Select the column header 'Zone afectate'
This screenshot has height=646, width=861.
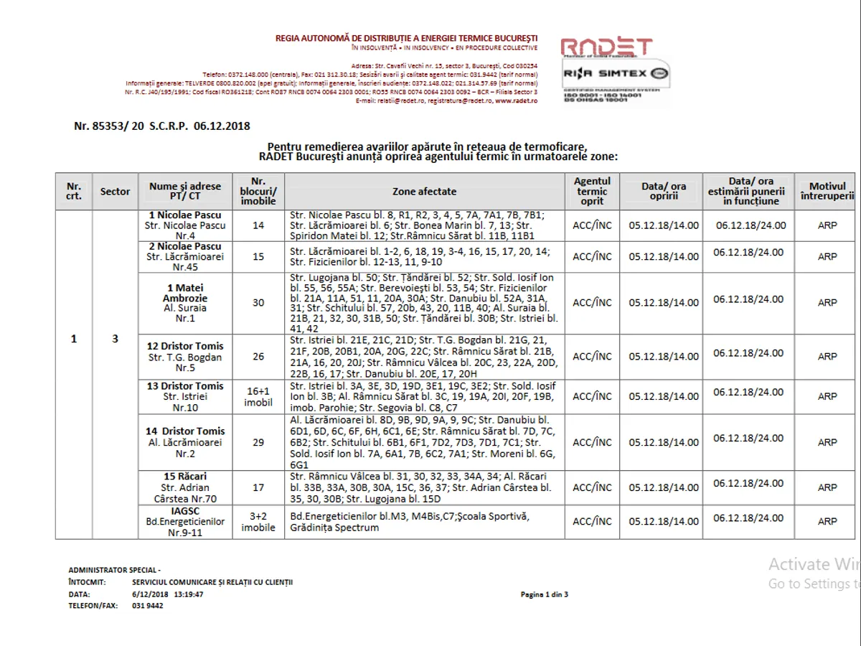pyautogui.click(x=424, y=192)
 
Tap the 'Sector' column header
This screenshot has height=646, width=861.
pyautogui.click(x=115, y=192)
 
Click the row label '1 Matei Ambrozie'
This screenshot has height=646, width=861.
pyautogui.click(x=185, y=293)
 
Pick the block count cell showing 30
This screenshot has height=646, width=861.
pyautogui.click(x=258, y=303)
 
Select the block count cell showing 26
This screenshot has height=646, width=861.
pyautogui.click(x=258, y=357)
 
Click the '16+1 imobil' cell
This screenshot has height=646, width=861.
pyautogui.click(x=258, y=396)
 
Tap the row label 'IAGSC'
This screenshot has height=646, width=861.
pyautogui.click(x=185, y=511)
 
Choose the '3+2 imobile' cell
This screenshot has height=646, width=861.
pyautogui.click(x=258, y=522)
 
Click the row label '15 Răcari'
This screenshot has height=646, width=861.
pyautogui.click(x=185, y=476)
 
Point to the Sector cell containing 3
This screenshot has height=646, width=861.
pyautogui.click(x=115, y=339)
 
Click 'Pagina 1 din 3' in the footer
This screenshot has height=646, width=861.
pyautogui.click(x=545, y=594)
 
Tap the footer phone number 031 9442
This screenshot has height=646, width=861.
pyautogui.click(x=148, y=606)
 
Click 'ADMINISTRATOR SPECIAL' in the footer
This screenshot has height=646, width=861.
pyautogui.click(x=113, y=569)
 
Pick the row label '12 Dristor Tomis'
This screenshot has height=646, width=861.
pyautogui.click(x=185, y=346)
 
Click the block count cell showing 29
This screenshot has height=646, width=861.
pyautogui.click(x=258, y=443)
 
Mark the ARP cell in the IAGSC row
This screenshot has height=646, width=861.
pyautogui.click(x=827, y=522)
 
